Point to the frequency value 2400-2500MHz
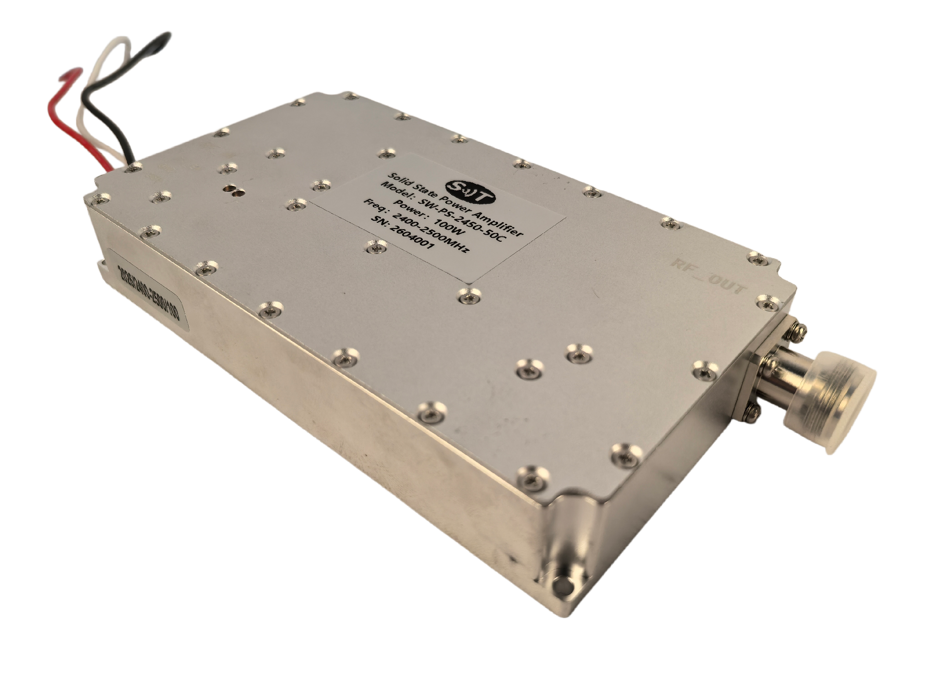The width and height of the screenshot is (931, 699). point(429,233)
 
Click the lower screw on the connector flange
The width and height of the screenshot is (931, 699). point(751,411)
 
